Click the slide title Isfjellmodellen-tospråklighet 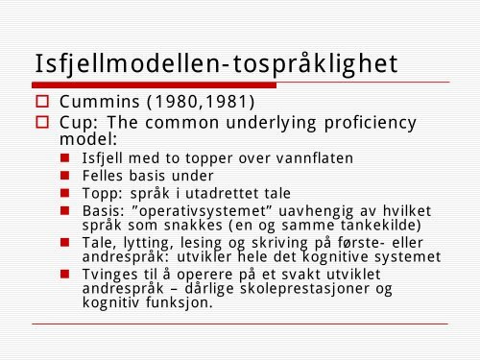pyautogui.click(x=215, y=63)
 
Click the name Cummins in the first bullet pyautogui.click(x=97, y=102)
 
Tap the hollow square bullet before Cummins pyautogui.click(x=42, y=102)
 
